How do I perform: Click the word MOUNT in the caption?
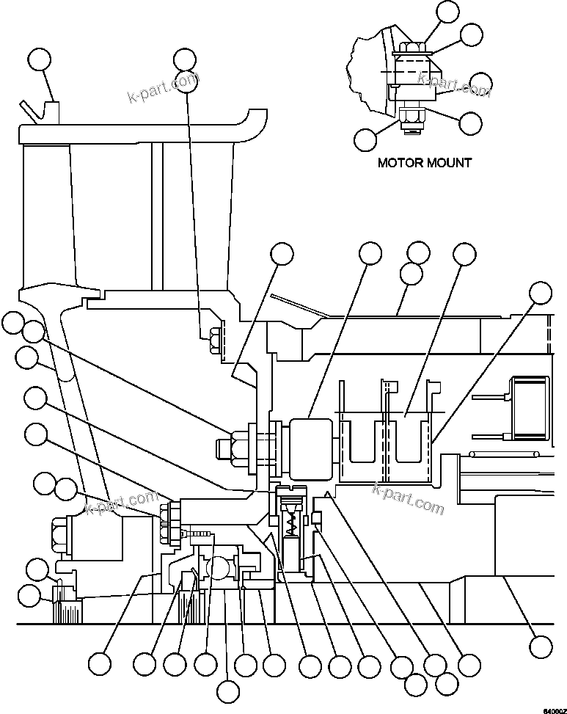coord(449,162)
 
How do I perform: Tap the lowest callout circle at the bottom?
coord(228,691)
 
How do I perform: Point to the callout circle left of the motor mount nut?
coord(366,138)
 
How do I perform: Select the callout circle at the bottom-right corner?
coord(541,646)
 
